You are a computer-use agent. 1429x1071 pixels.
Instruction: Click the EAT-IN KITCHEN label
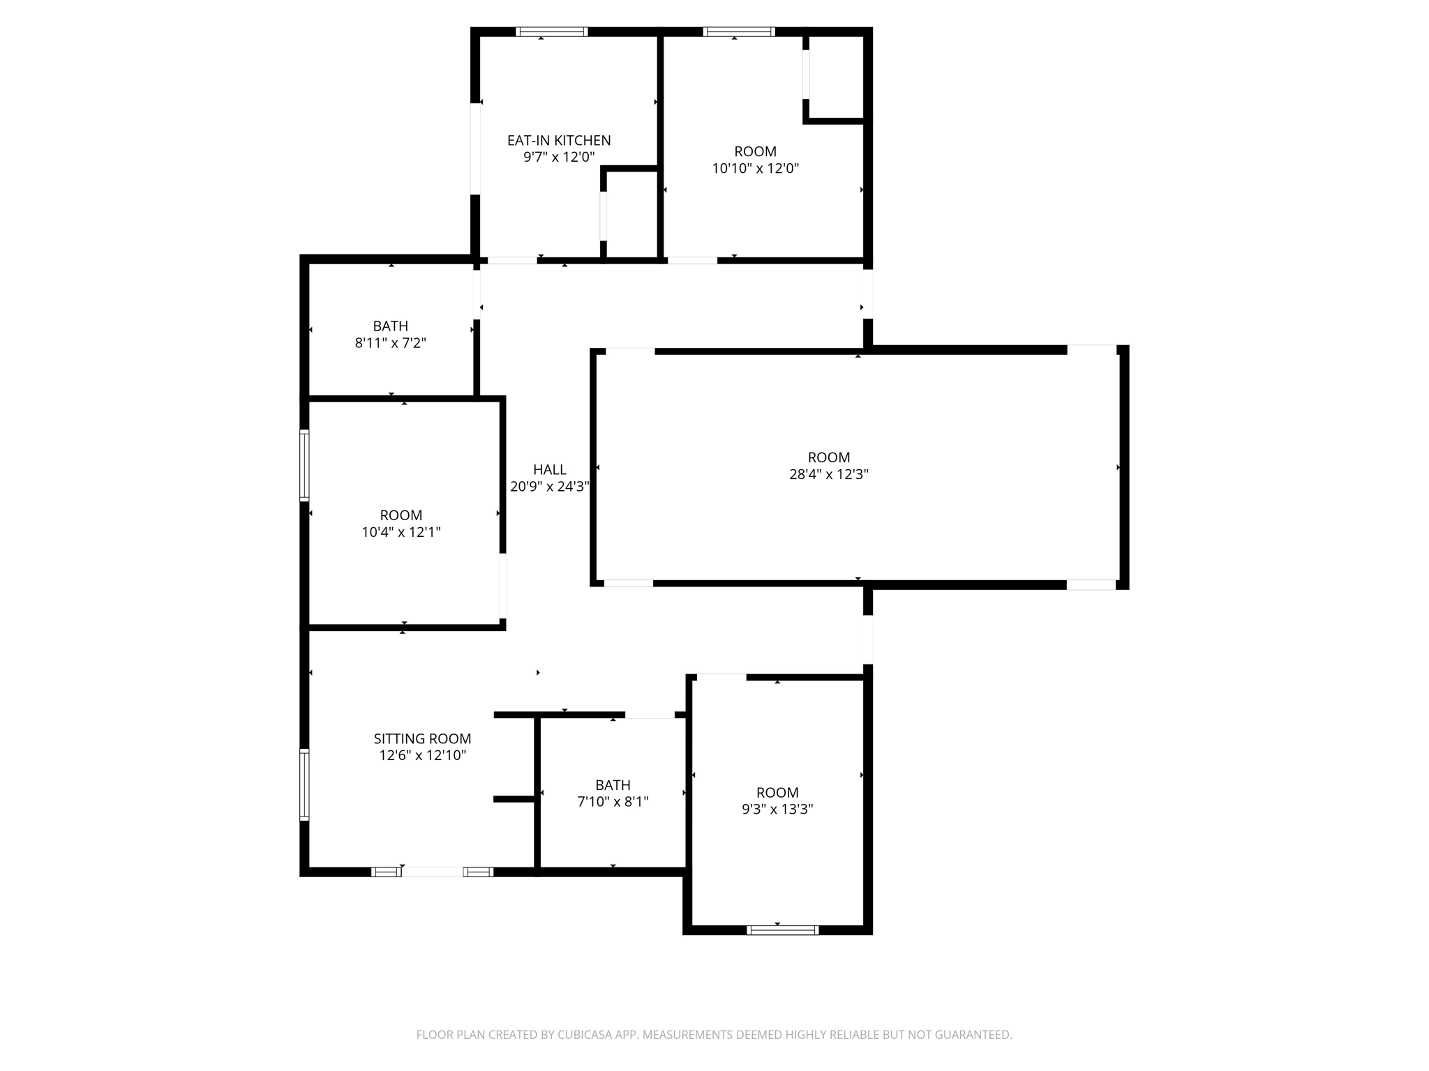[x=559, y=140]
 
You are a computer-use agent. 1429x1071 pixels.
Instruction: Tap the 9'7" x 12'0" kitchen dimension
[x=559, y=157]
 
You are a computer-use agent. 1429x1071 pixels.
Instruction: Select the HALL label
[x=550, y=469]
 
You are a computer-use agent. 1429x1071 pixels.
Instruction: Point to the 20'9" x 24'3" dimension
[x=550, y=487]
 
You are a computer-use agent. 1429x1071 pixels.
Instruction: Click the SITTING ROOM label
[x=422, y=738]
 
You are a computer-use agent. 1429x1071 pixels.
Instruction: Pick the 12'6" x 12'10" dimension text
[x=422, y=755]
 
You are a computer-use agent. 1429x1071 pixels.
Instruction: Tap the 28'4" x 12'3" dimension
[x=829, y=474]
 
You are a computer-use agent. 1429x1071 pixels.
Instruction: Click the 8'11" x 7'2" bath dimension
[x=390, y=343]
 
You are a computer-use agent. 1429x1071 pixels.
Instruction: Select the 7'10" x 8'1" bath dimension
[x=613, y=802]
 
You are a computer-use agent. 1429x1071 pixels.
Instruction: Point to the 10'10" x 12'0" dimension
[x=755, y=168]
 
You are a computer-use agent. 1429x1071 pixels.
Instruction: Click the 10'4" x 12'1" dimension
[x=401, y=533]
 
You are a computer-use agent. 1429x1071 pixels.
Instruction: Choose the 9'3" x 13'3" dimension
[x=777, y=810]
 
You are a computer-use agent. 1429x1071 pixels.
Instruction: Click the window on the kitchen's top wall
[x=551, y=31]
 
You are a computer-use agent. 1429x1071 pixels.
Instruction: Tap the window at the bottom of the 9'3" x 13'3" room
[x=782, y=929]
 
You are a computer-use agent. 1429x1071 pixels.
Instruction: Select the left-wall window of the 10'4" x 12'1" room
[x=304, y=465]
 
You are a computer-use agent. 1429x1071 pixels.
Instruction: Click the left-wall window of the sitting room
[x=304, y=784]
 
